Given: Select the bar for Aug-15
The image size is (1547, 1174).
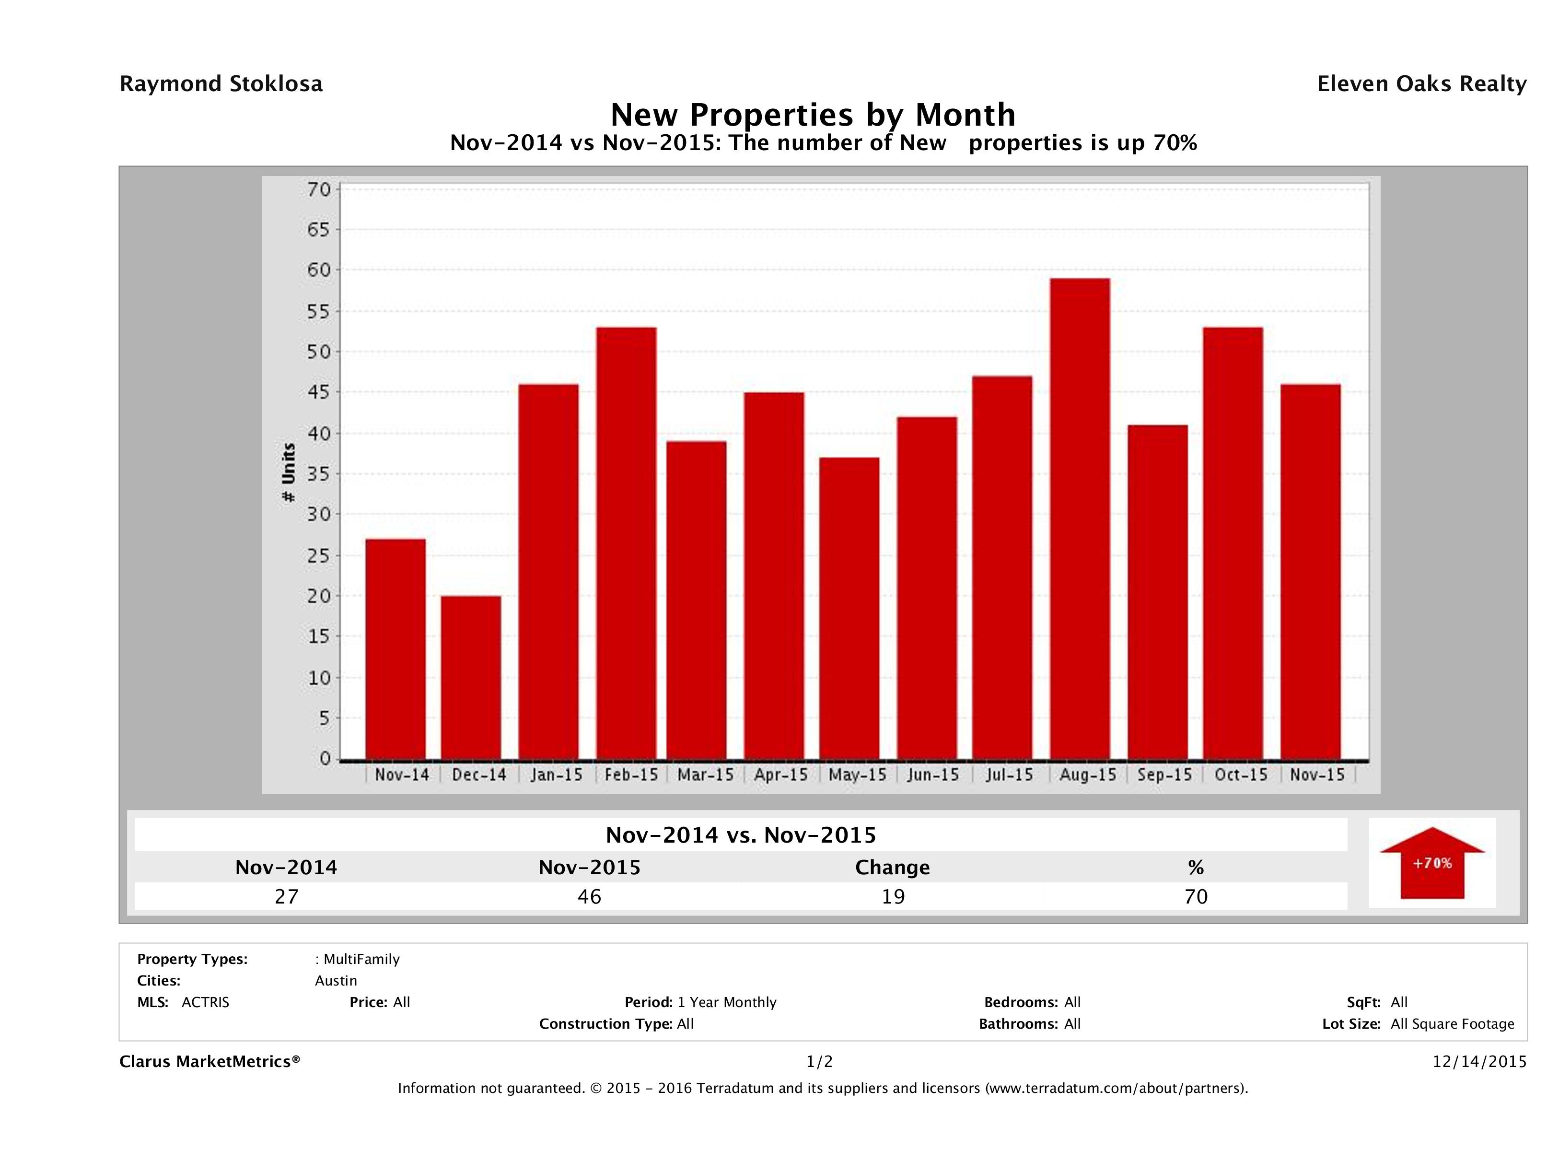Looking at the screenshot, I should (x=1080, y=518).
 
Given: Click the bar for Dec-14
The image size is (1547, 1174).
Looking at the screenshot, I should (x=471, y=677).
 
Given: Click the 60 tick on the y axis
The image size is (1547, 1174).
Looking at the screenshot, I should (x=318, y=270).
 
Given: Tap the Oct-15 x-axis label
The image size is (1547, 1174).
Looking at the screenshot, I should (x=1241, y=775).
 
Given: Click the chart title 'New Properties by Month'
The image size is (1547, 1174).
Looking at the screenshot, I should (x=813, y=115).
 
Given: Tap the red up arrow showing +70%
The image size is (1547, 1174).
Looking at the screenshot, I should (x=1431, y=863).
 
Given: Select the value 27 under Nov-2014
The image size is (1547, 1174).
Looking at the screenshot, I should (x=287, y=896).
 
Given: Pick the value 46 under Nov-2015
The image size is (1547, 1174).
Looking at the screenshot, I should (x=590, y=896).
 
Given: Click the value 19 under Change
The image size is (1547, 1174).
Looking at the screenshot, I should (x=893, y=896).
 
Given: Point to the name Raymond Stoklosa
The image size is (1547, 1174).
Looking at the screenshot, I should (x=221, y=84).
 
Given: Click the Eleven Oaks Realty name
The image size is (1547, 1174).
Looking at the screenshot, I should (x=1421, y=84).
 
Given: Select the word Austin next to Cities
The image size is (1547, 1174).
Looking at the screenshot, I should (x=336, y=981).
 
